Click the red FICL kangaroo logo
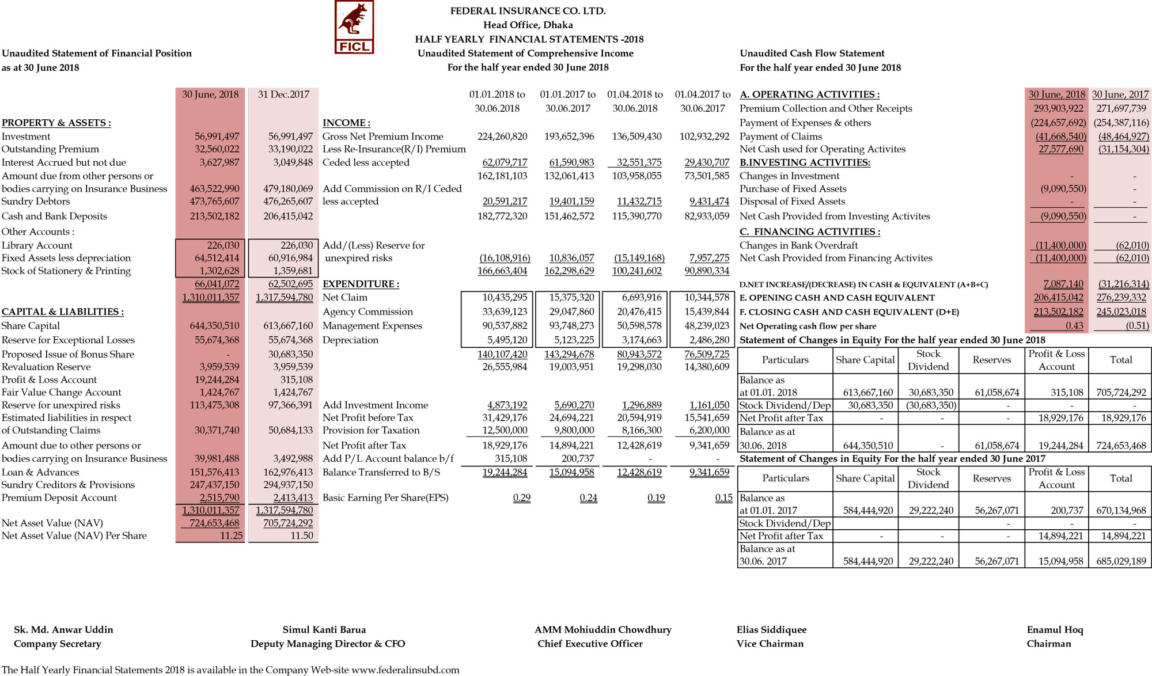[x=354, y=27]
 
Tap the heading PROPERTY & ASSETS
[x=56, y=123]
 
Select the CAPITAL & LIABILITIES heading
[x=63, y=312]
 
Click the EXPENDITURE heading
[x=361, y=284]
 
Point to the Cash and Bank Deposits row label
[x=54, y=216]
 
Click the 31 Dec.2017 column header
[x=283, y=94]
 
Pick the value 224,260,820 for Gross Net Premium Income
[x=502, y=136]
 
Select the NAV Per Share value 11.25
[x=231, y=536]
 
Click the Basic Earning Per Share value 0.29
[x=521, y=497]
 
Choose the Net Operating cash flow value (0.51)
[x=1137, y=325]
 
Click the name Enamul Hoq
[x=1055, y=629]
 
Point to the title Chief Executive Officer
[x=590, y=643]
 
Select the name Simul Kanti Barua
[x=324, y=629]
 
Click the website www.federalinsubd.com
[x=406, y=670]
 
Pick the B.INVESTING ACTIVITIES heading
[x=805, y=162]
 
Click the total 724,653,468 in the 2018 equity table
[x=1121, y=445]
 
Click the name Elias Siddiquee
[x=771, y=629]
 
